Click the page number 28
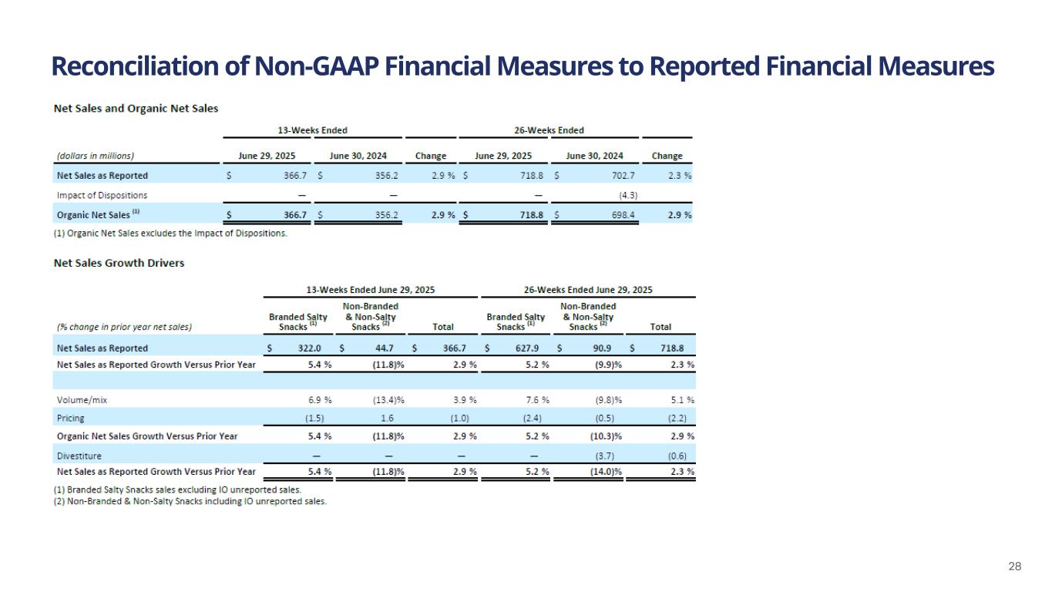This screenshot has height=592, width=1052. click(x=1015, y=567)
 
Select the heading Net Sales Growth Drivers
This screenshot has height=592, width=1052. click(x=119, y=263)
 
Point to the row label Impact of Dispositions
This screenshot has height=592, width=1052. click(x=102, y=195)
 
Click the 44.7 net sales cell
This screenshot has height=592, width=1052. click(x=385, y=348)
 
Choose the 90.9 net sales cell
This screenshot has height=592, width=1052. click(x=602, y=348)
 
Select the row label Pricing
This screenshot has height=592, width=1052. click(x=71, y=418)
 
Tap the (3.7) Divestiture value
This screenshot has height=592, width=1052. click(x=606, y=456)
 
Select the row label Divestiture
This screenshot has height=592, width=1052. click(x=79, y=456)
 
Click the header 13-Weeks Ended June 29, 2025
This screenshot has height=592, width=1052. click(x=371, y=290)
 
